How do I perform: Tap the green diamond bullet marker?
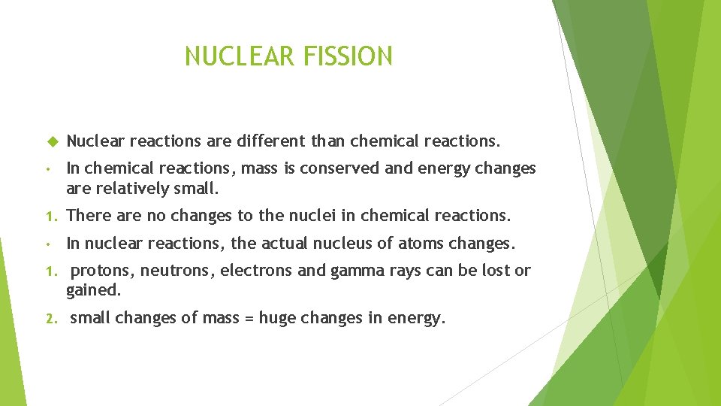(x=53, y=141)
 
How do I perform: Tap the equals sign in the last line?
(x=248, y=318)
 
